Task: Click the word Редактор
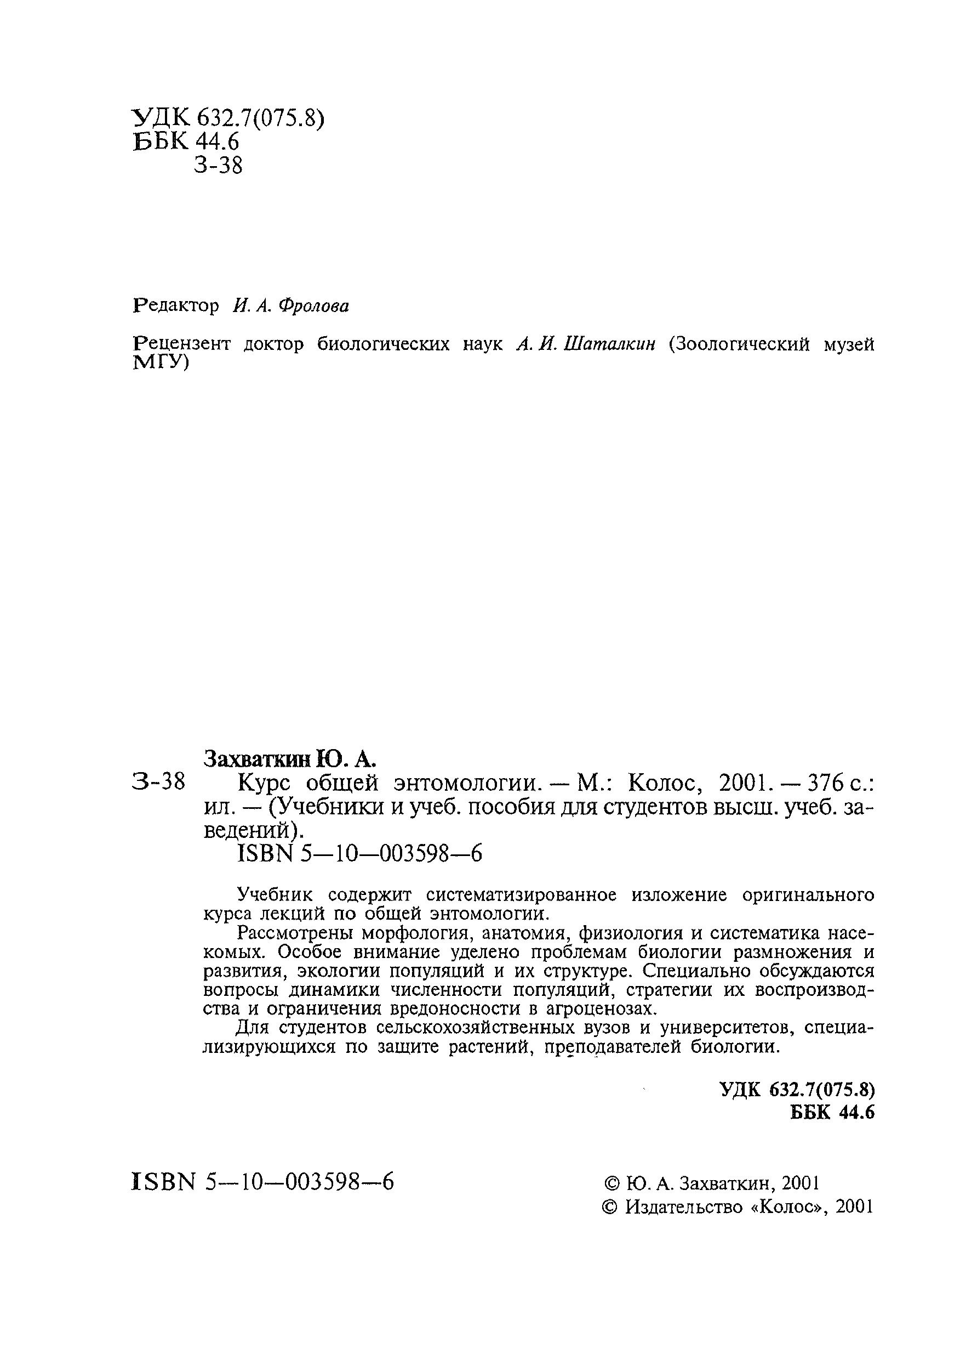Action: (175, 306)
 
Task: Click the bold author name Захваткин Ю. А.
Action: (289, 758)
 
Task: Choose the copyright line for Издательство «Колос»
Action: (738, 1206)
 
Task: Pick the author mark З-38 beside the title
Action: (158, 783)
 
